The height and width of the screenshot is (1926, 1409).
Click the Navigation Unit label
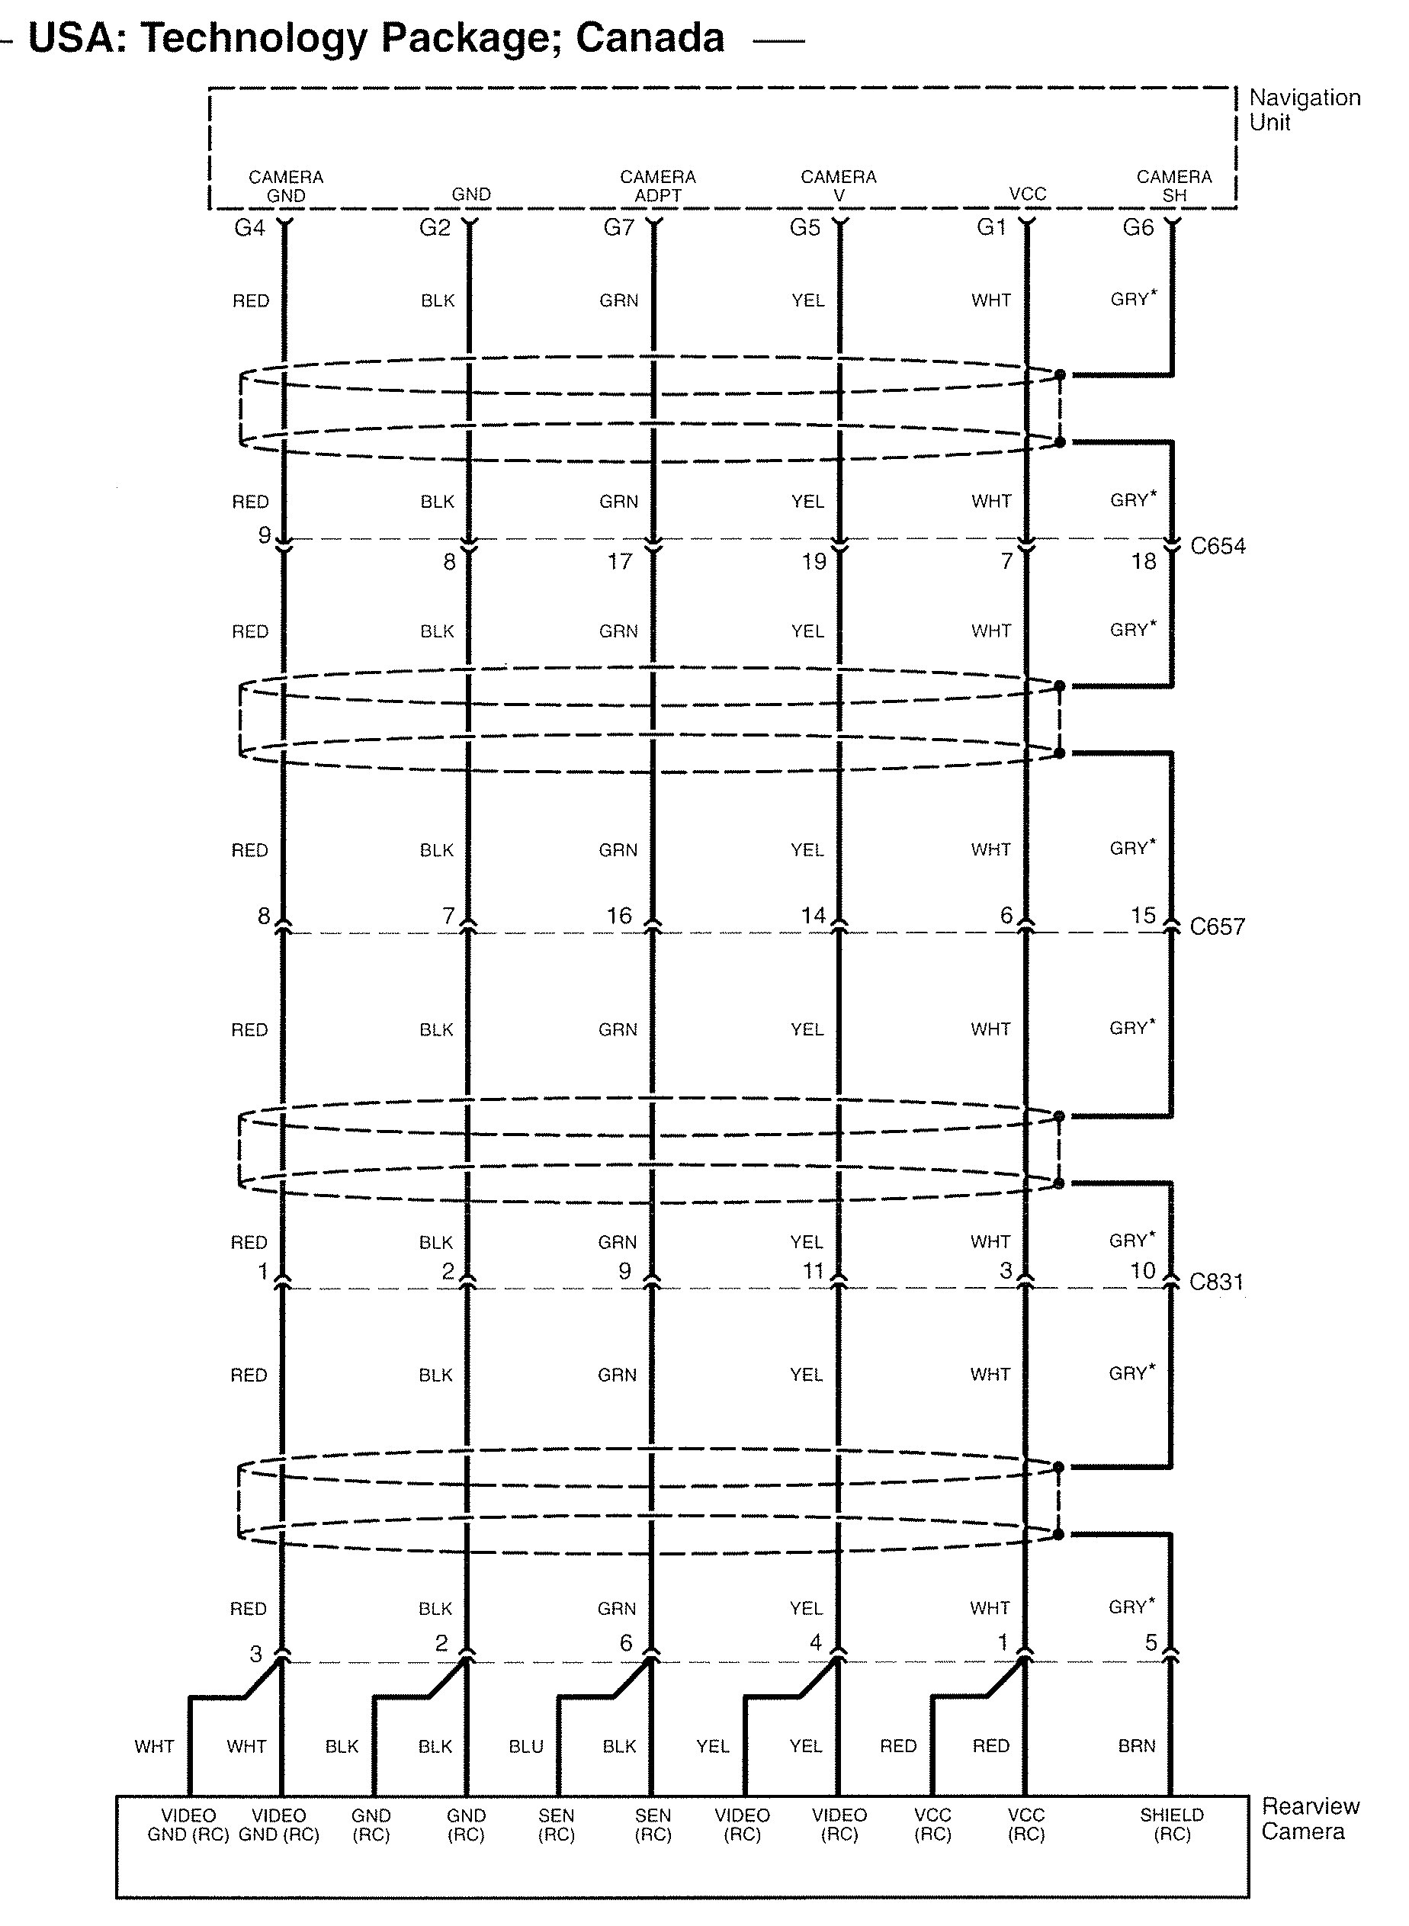(1303, 110)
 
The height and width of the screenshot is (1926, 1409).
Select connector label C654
(1217, 546)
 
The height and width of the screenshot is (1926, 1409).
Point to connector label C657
(1217, 926)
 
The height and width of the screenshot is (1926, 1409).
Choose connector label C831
(1216, 1282)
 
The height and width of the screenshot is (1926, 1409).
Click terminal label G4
(249, 228)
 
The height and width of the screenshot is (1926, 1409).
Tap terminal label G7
(618, 228)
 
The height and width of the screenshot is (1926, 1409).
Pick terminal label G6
(1138, 228)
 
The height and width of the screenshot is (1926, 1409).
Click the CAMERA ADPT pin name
(657, 186)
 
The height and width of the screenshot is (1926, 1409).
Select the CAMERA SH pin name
(1173, 186)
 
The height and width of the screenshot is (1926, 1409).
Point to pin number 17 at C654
(619, 561)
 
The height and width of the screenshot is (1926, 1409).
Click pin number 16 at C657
(618, 916)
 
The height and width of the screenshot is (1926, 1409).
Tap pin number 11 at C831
(813, 1271)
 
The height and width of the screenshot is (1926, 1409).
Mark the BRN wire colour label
(1136, 1746)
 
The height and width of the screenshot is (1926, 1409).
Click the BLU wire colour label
(525, 1746)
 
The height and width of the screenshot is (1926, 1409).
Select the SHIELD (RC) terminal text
(1172, 1825)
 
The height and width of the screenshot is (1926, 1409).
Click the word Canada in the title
(650, 38)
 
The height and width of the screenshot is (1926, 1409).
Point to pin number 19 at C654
(814, 561)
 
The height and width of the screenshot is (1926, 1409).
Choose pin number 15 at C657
(1143, 916)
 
